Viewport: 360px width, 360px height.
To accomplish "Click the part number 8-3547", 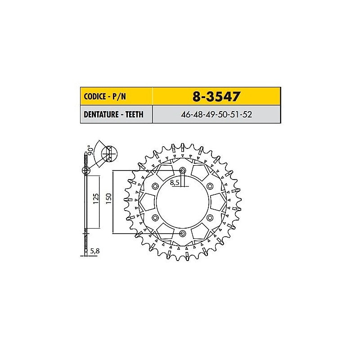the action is point(216,96).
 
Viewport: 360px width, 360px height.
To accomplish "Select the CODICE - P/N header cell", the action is point(117,96).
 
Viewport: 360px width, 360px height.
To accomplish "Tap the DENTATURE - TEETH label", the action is point(113,114).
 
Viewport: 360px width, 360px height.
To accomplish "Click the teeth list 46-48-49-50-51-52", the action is point(216,114).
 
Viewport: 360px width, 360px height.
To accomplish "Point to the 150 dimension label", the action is point(108,198).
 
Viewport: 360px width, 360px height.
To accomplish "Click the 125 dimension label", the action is point(96,198).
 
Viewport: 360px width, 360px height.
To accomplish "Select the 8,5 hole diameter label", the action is point(175,183).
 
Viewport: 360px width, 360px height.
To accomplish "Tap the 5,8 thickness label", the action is point(95,251).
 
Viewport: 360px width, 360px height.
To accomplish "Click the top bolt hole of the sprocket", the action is point(183,171).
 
